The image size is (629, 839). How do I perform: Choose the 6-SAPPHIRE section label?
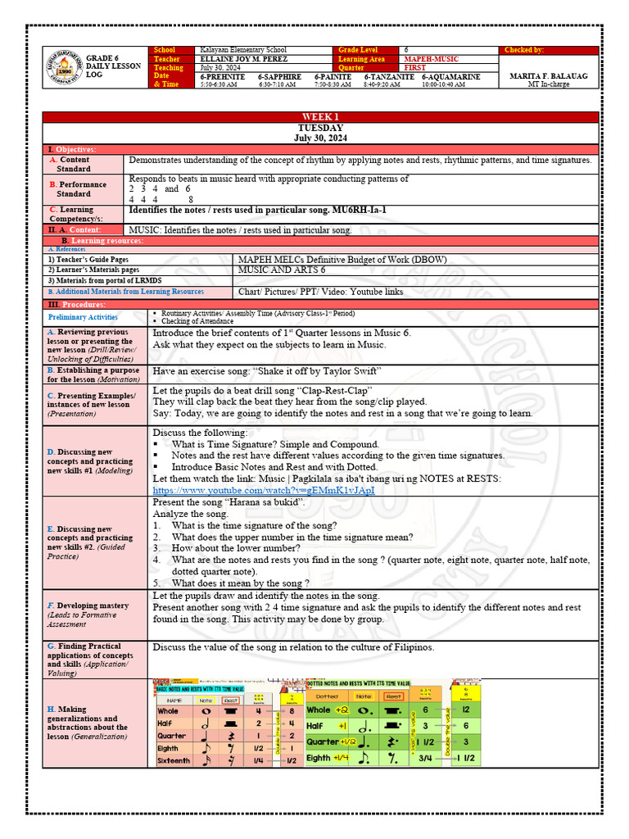click(x=280, y=76)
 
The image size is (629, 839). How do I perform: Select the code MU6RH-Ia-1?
click(x=359, y=211)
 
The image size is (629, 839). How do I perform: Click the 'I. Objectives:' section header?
click(x=73, y=149)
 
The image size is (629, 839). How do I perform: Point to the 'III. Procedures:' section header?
click(x=78, y=304)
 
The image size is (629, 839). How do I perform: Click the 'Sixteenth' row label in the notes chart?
click(x=173, y=761)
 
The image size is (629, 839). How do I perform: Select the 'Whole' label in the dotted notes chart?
click(x=319, y=710)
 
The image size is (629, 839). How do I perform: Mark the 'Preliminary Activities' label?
click(x=83, y=317)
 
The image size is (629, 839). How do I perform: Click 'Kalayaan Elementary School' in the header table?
click(x=243, y=50)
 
